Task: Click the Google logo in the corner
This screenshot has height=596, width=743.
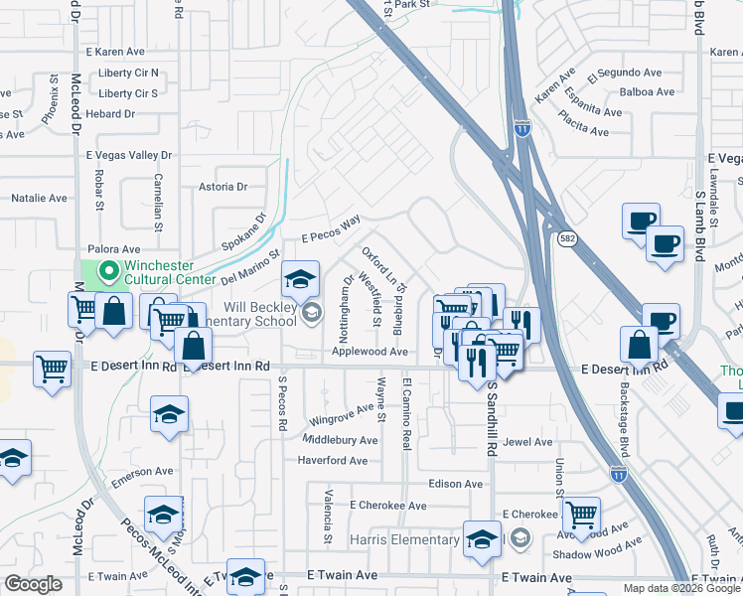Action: (33, 584)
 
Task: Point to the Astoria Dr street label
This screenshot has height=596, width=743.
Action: (223, 187)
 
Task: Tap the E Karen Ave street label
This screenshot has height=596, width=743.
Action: (115, 52)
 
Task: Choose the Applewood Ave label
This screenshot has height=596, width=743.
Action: (370, 352)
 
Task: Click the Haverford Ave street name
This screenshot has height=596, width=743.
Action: (333, 461)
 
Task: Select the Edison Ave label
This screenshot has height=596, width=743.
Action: (455, 485)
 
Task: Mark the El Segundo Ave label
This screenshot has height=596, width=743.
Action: (625, 74)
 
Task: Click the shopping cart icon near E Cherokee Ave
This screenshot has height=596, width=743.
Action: (581, 515)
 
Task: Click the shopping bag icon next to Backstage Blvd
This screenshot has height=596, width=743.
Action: (639, 344)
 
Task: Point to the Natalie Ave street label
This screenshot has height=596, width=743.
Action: (39, 199)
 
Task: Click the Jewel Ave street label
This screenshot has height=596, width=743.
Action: (528, 442)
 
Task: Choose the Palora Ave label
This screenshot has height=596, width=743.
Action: (117, 249)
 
